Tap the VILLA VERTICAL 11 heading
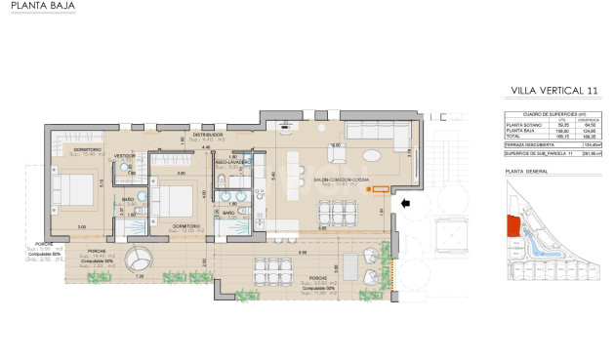pyautogui.click(x=553, y=91)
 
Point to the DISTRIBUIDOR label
pyautogui.click(x=208, y=135)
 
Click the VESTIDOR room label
pyautogui.click(x=124, y=155)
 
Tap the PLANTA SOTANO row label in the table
pyautogui.click(x=525, y=124)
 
